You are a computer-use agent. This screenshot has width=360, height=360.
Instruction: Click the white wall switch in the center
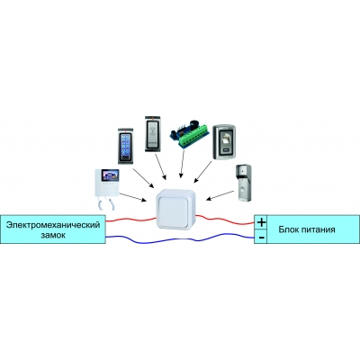pyautogui.click(x=175, y=210)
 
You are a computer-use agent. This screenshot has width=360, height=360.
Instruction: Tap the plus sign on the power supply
pyautogui.click(x=262, y=222)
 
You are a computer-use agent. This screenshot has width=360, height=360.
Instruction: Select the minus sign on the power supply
pyautogui.click(x=261, y=238)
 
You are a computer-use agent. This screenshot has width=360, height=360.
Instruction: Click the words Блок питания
pyautogui.click(x=307, y=229)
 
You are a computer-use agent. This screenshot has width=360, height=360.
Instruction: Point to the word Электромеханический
pyautogui.click(x=53, y=225)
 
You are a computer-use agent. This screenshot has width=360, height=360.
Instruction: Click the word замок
pyautogui.click(x=53, y=235)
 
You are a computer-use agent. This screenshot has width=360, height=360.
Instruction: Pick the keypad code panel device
pyautogui.click(x=125, y=146)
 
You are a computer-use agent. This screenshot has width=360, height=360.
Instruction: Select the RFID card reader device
pyautogui.click(x=153, y=133)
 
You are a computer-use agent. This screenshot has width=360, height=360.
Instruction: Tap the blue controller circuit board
pyautogui.click(x=189, y=134)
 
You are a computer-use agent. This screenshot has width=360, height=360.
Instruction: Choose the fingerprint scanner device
pyautogui.click(x=224, y=142)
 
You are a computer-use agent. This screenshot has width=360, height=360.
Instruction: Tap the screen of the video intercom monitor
pyautogui.click(x=110, y=175)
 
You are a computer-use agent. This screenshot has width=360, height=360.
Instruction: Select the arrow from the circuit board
pyautogui.click(x=182, y=164)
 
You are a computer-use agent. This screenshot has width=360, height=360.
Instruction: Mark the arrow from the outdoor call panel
pyautogui.click(x=220, y=195)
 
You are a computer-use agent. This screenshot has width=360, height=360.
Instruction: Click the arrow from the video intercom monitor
pyautogui.click(x=132, y=197)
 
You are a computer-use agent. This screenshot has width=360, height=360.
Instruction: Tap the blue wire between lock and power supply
pyautogui.click(x=180, y=238)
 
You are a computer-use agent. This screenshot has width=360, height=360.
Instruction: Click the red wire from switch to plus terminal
pyautogui.click(x=225, y=220)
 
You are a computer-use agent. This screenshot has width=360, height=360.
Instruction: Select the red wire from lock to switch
pyautogui.click(x=130, y=220)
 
